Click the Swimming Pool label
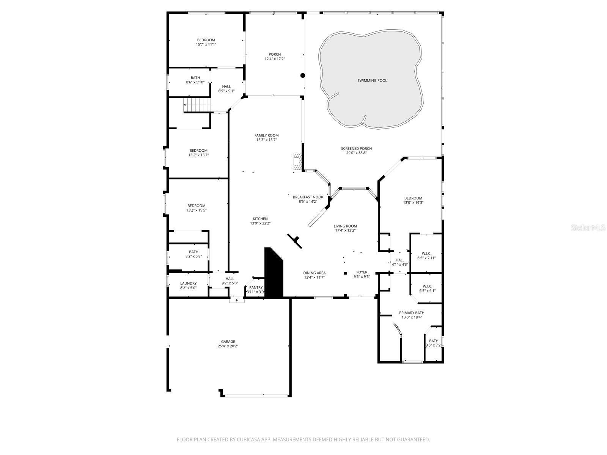click(372, 80)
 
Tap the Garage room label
click(228, 342)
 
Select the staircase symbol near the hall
click(197, 105)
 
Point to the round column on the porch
click(303, 75)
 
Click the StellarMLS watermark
click(588, 227)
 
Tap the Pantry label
click(256, 287)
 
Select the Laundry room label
click(188, 284)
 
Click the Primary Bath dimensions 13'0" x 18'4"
click(412, 317)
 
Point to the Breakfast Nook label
click(308, 197)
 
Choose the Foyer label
click(362, 272)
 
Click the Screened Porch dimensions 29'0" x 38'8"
click(357, 153)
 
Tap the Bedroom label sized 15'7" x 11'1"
click(206, 40)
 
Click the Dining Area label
click(315, 273)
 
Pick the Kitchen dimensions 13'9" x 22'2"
click(260, 223)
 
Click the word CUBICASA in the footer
click(248, 439)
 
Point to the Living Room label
click(345, 226)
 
